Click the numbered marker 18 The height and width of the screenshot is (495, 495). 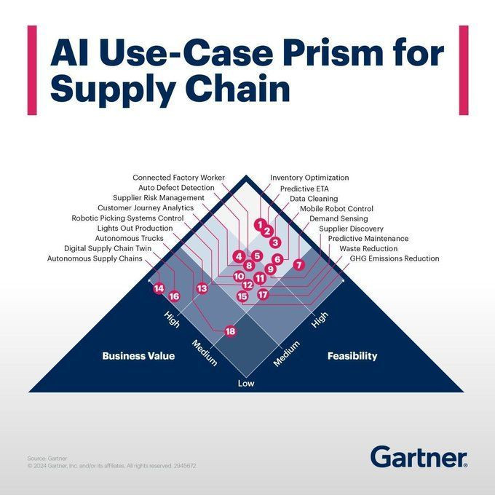(231, 331)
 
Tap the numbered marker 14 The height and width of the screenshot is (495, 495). (159, 288)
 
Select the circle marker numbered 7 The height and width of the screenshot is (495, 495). (299, 264)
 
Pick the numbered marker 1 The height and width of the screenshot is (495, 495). (260, 224)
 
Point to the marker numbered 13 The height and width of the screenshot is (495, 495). (202, 288)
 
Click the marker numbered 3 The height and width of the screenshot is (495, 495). (275, 242)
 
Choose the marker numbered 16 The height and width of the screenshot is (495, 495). (174, 296)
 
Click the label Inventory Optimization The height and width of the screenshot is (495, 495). (309, 178)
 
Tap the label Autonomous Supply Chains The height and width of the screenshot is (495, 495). (95, 258)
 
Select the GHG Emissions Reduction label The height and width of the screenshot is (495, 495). (395, 258)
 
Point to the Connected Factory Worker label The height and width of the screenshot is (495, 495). (178, 178)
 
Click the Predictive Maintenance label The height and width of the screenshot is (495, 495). (368, 238)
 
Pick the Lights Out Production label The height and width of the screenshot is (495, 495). (135, 229)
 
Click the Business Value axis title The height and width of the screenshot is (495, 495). (138, 356)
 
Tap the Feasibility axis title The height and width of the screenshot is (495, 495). (352, 356)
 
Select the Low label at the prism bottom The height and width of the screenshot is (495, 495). (246, 383)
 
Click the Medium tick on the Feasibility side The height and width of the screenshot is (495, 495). (286, 354)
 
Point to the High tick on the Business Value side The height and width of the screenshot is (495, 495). (172, 319)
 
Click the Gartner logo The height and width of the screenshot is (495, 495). (419, 456)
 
